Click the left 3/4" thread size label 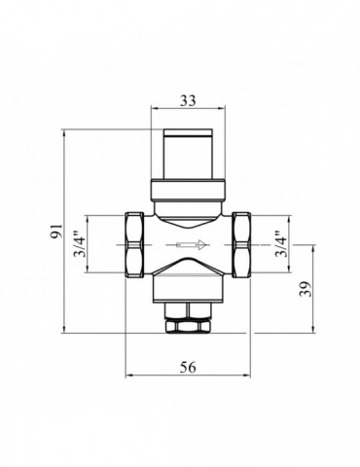click(x=82, y=247)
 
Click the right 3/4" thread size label click(x=279, y=247)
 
